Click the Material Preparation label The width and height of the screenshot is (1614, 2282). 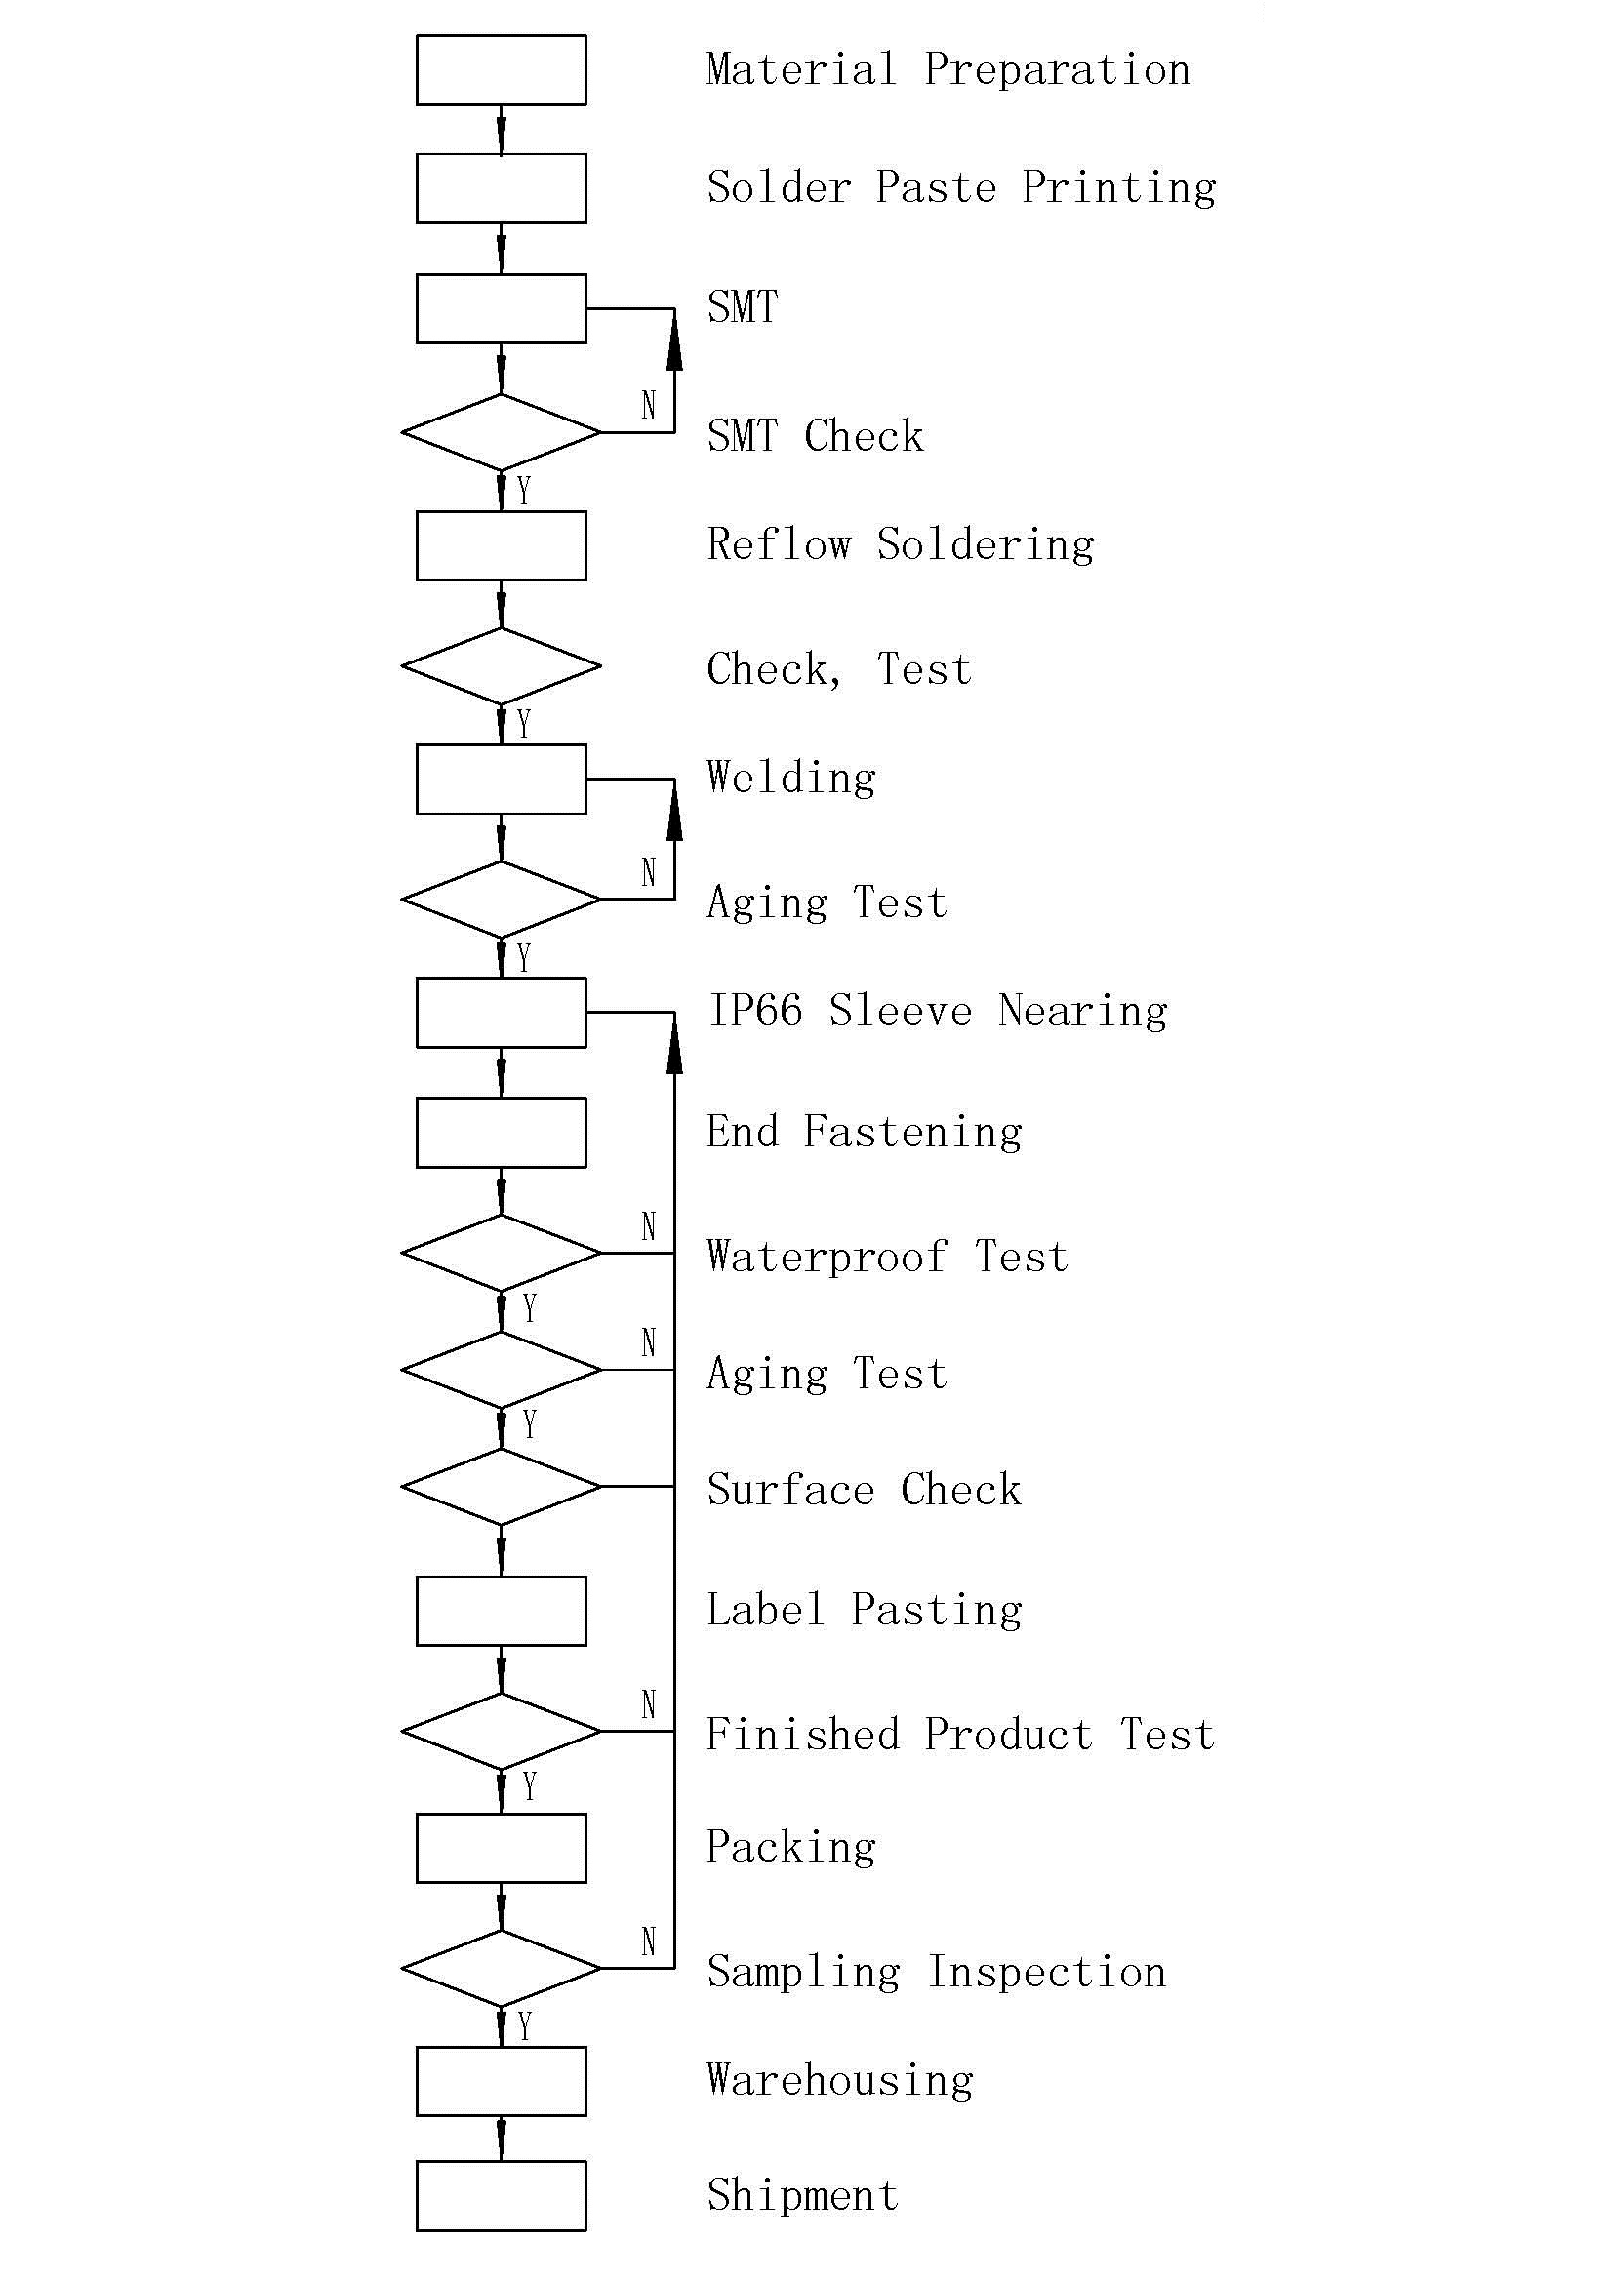coord(948,70)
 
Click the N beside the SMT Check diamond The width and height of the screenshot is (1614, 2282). coord(649,405)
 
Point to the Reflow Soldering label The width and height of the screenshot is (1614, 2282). coord(901,545)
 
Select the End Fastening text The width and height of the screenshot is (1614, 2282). coord(864,1132)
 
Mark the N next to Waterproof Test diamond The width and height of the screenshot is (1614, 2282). coord(649,1226)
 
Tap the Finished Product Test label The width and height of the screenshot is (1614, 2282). coord(960,1735)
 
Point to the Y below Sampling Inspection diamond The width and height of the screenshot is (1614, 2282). coord(525,2026)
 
